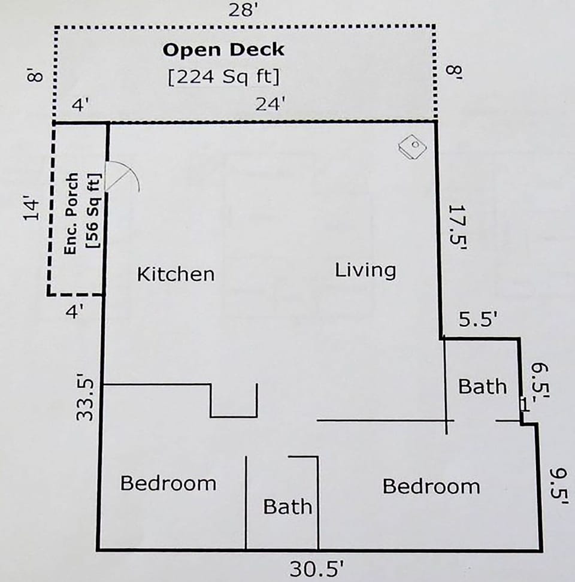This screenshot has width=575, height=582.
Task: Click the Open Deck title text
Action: [223, 50]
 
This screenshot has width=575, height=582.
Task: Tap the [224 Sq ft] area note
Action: [224, 78]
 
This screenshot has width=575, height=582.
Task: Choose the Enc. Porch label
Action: [71, 213]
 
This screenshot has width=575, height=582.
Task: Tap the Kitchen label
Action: [175, 274]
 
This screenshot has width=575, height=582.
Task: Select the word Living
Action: [365, 270]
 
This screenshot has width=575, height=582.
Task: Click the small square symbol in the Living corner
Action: [413, 146]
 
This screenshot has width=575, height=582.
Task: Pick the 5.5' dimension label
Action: [479, 320]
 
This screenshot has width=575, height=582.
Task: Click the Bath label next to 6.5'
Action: [482, 386]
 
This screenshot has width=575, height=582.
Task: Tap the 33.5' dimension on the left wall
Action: [87, 398]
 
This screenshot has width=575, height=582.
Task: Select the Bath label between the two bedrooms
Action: [287, 507]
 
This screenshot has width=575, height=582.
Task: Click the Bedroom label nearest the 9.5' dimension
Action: [431, 486]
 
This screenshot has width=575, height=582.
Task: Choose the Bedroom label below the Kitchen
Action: [168, 483]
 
